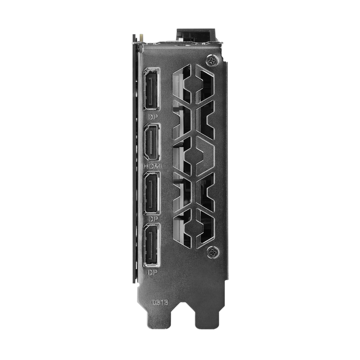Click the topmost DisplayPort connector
[151, 89]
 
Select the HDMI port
[152, 142]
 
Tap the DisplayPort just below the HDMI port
[152, 193]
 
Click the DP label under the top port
[153, 117]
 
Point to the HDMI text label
[152, 166]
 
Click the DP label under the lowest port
[152, 273]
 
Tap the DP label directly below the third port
[153, 219]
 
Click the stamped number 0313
[160, 302]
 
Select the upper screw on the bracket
[212, 60]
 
